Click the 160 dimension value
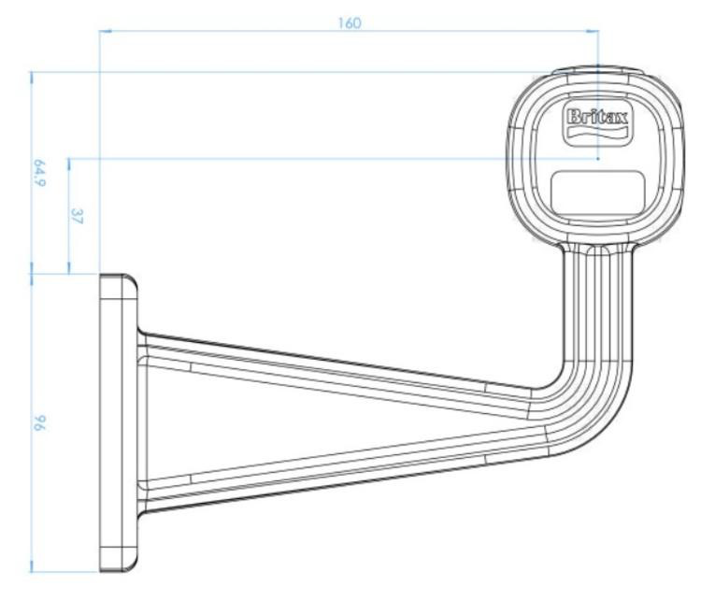tap(350, 22)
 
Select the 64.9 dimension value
tap(39, 173)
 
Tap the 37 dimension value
tap(77, 216)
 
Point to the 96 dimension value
tap(39, 422)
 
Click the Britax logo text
tap(597, 117)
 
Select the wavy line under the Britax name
tap(597, 133)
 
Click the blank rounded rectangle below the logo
tap(598, 193)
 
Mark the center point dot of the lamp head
tap(598, 158)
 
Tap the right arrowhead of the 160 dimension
tap(593, 31)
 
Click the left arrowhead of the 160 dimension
tap(106, 31)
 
